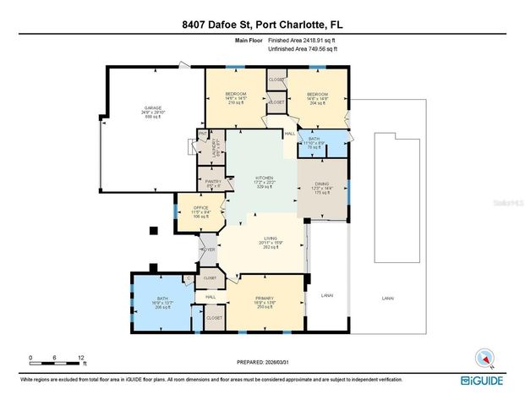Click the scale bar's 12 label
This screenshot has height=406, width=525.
click(81, 358)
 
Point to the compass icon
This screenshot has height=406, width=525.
click(484, 357)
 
